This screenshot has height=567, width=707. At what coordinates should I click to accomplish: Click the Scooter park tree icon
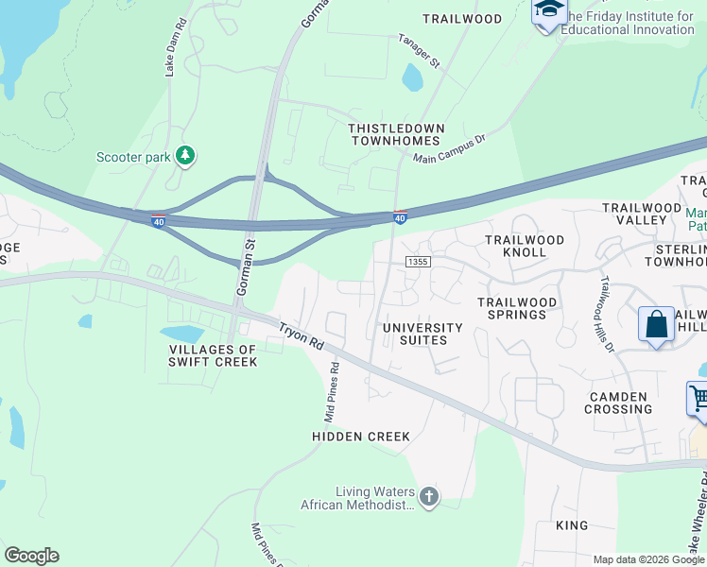coord(186,155)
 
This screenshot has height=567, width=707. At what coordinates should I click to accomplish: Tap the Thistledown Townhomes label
coord(395,134)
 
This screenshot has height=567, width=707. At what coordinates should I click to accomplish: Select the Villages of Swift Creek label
coord(212,355)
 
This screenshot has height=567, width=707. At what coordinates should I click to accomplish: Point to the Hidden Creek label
coord(361,437)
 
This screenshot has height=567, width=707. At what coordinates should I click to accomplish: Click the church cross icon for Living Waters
coord(429,497)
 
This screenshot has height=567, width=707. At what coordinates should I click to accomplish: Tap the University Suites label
coord(422,335)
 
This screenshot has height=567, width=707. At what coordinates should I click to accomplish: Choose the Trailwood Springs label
coord(516,308)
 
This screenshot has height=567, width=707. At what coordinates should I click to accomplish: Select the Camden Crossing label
coord(618,404)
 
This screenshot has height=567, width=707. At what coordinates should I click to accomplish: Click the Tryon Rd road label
coord(301,336)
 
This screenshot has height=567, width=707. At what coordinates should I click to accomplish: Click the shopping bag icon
coord(656,325)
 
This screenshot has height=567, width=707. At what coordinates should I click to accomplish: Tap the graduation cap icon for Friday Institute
coord(548,11)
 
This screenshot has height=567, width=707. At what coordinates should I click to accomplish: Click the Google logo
coord(31,556)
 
